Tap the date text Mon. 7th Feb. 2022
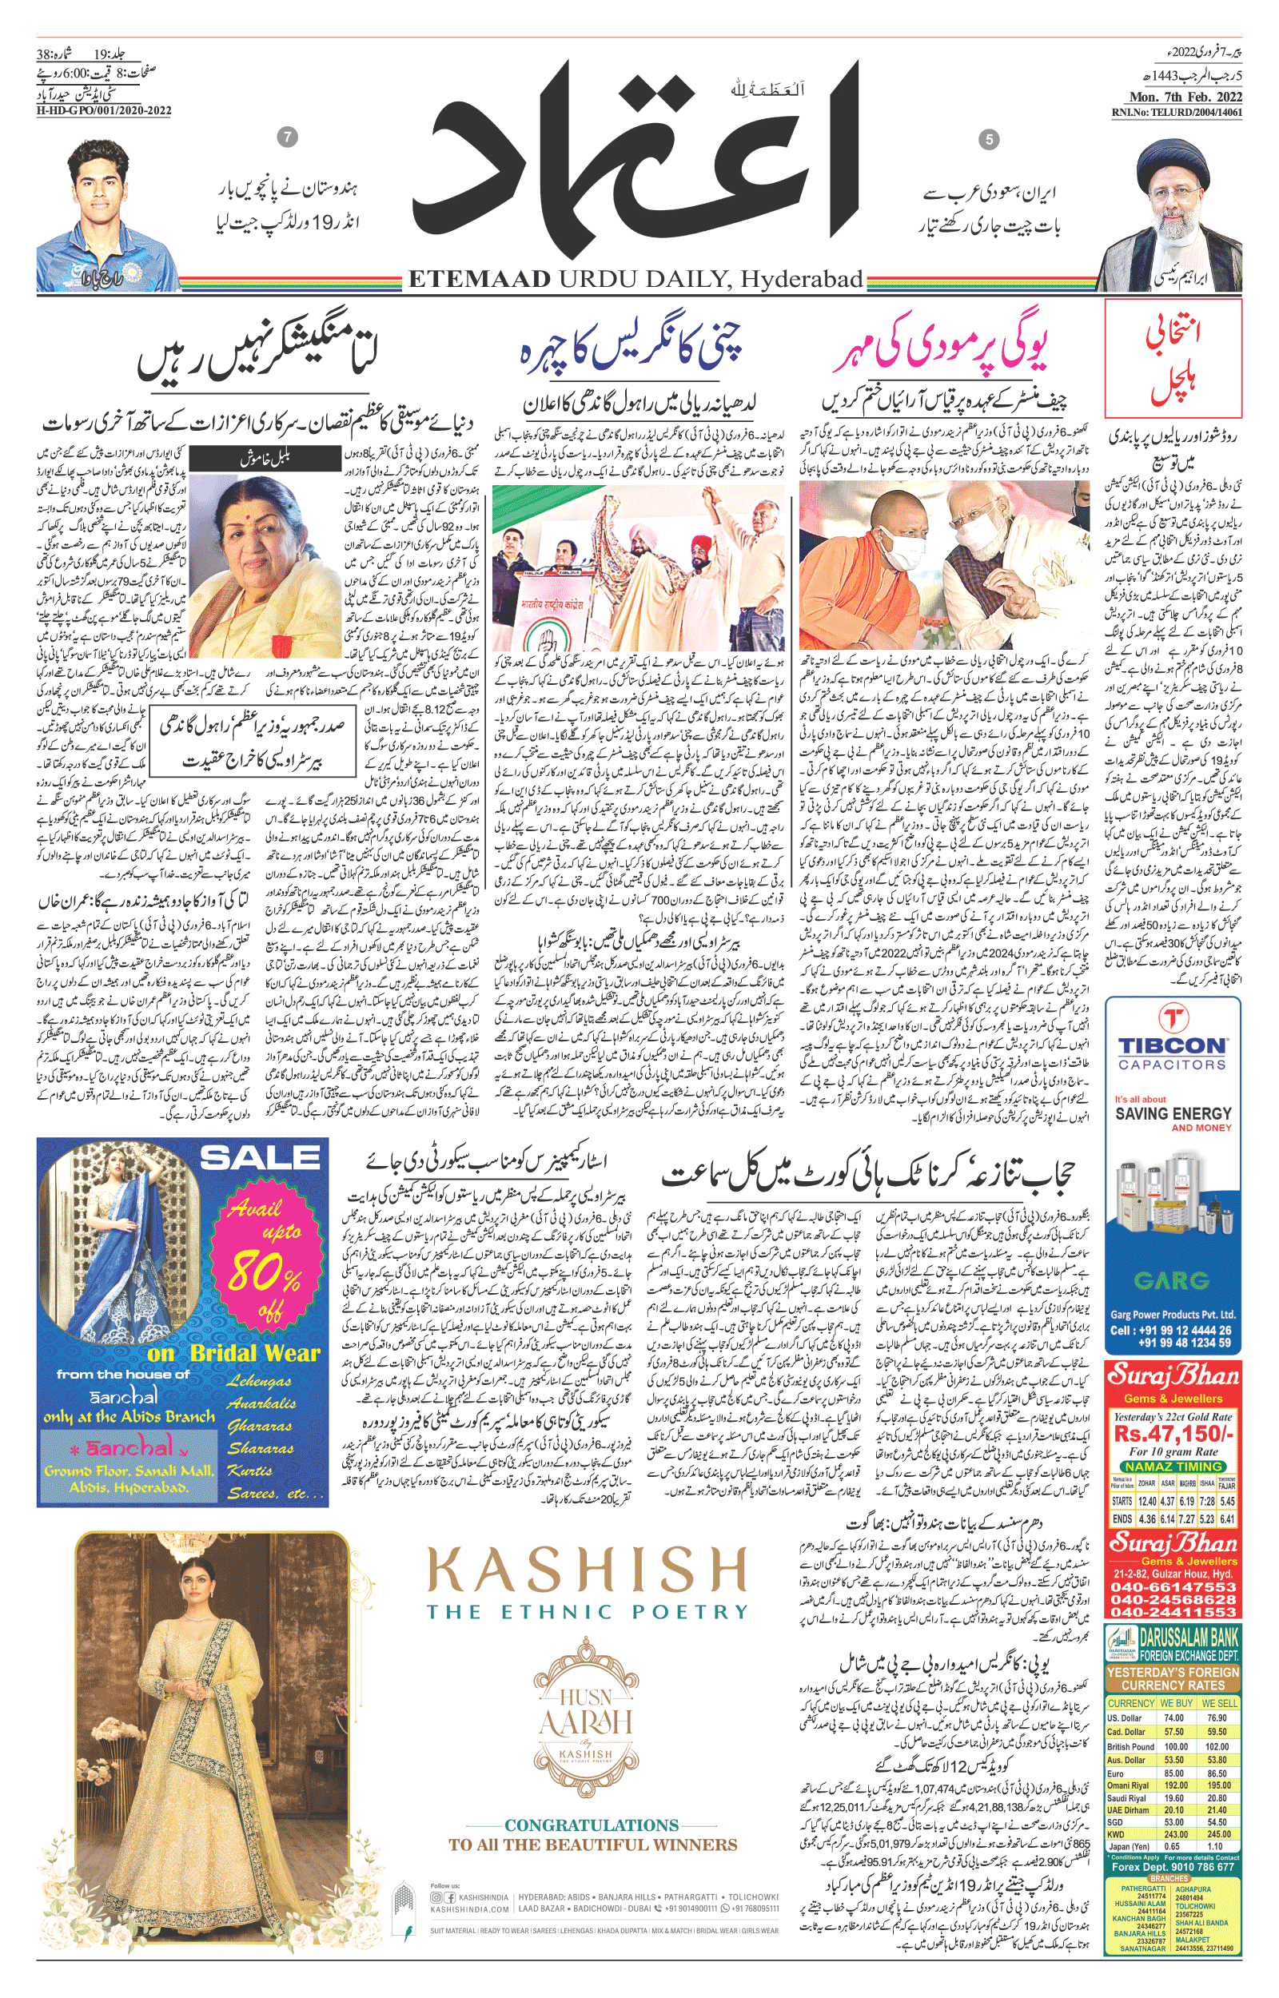pyautogui.click(x=1185, y=98)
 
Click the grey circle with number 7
pyautogui.click(x=287, y=137)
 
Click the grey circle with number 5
pyautogui.click(x=988, y=139)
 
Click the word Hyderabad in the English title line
pyautogui.click(x=802, y=280)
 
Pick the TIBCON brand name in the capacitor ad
pyautogui.click(x=1172, y=1045)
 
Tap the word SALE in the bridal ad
pyautogui.click(x=259, y=1157)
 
